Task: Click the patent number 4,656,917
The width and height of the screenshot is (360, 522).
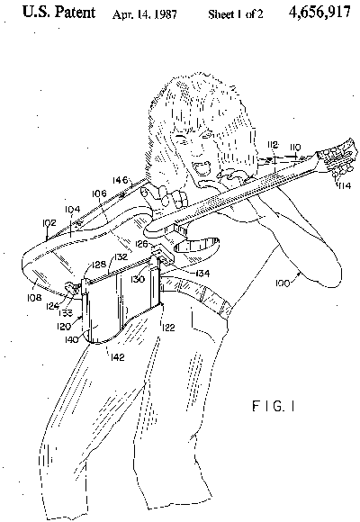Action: point(319,13)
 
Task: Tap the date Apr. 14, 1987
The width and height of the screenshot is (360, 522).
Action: point(145,14)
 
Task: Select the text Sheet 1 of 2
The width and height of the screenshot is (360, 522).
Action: point(236,14)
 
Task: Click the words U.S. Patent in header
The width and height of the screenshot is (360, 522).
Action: point(58,13)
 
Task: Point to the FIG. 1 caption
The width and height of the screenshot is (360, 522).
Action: point(274,407)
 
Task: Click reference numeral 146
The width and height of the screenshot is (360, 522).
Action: point(120,180)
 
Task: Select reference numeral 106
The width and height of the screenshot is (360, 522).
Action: point(100,193)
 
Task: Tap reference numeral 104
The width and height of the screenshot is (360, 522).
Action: point(72,209)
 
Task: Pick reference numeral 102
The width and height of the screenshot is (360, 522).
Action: point(49,222)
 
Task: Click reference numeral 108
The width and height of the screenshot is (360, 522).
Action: point(34,297)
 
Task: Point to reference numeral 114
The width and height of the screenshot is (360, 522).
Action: point(344,185)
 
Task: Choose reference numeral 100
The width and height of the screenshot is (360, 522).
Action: point(283,283)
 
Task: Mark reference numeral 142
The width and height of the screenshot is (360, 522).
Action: point(118,357)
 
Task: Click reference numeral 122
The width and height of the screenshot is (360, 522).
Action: point(167,328)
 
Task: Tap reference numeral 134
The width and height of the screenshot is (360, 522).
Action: point(202,274)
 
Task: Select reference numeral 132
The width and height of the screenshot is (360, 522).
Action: point(121,256)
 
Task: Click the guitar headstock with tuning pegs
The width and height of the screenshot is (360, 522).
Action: point(335,158)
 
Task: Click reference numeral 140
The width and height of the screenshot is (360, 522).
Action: point(72,339)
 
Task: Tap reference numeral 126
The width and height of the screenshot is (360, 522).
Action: point(141,244)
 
